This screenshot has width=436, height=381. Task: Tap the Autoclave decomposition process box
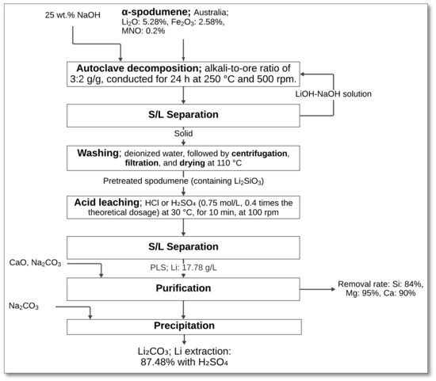184,73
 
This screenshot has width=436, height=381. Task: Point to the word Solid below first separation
183,135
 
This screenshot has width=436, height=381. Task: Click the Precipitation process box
184,326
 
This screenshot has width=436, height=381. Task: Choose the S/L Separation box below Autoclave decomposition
184,116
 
